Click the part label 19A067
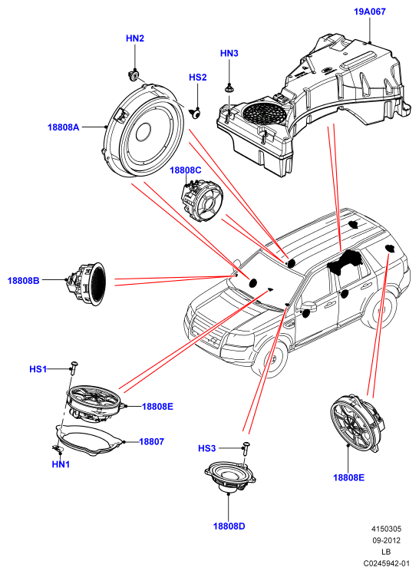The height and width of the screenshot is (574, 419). point(369,12)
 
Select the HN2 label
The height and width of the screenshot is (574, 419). point(135,38)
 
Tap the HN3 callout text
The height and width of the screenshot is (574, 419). point(229,54)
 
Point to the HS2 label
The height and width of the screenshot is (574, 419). point(198,78)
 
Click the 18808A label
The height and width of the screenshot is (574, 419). point(63,127)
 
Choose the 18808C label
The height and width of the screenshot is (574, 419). point(186,170)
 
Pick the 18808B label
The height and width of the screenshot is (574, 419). point(24,281)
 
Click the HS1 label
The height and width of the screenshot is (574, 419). point(38,369)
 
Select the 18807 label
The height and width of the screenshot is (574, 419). point(151,442)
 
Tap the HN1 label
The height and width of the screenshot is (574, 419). point(61,464)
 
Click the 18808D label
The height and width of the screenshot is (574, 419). point(229,526)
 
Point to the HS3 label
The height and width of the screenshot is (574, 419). point(207,448)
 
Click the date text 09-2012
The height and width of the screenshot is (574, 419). point(387,540)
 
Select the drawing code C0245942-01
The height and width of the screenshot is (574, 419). point(387,563)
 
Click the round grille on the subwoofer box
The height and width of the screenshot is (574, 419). point(264,112)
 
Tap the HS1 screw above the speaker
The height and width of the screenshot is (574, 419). point(74,367)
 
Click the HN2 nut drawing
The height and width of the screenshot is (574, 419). point(134,75)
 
